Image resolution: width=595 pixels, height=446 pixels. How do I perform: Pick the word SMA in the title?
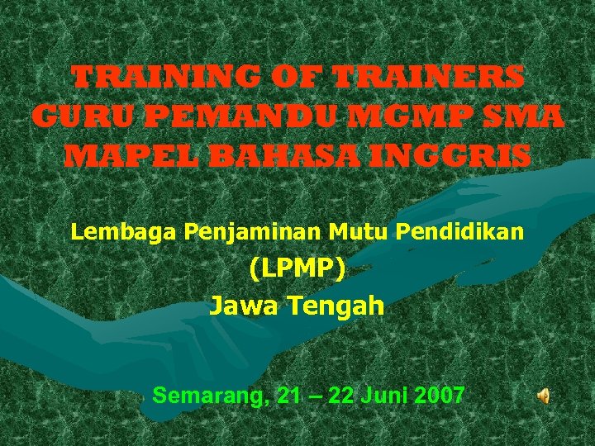[x=521, y=116]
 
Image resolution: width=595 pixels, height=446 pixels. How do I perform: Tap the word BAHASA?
[x=276, y=155]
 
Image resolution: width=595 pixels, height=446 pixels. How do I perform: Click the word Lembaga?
[x=124, y=232]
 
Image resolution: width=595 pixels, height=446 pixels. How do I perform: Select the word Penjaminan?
[x=253, y=232]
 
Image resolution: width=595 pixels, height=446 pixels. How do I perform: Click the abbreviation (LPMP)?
[x=297, y=268]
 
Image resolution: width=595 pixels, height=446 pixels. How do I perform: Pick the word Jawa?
[x=245, y=306]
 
